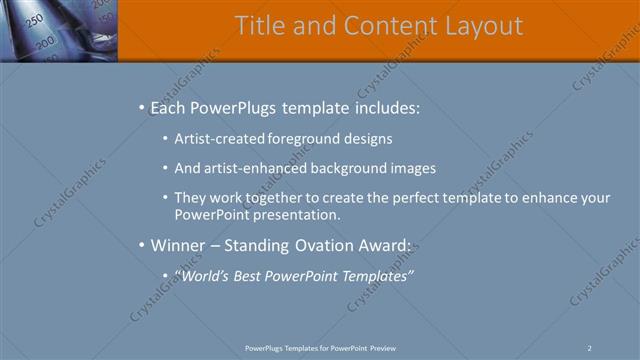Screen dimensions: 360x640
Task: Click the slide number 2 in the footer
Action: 589,348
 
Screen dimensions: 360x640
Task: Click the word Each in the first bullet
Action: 169,107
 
